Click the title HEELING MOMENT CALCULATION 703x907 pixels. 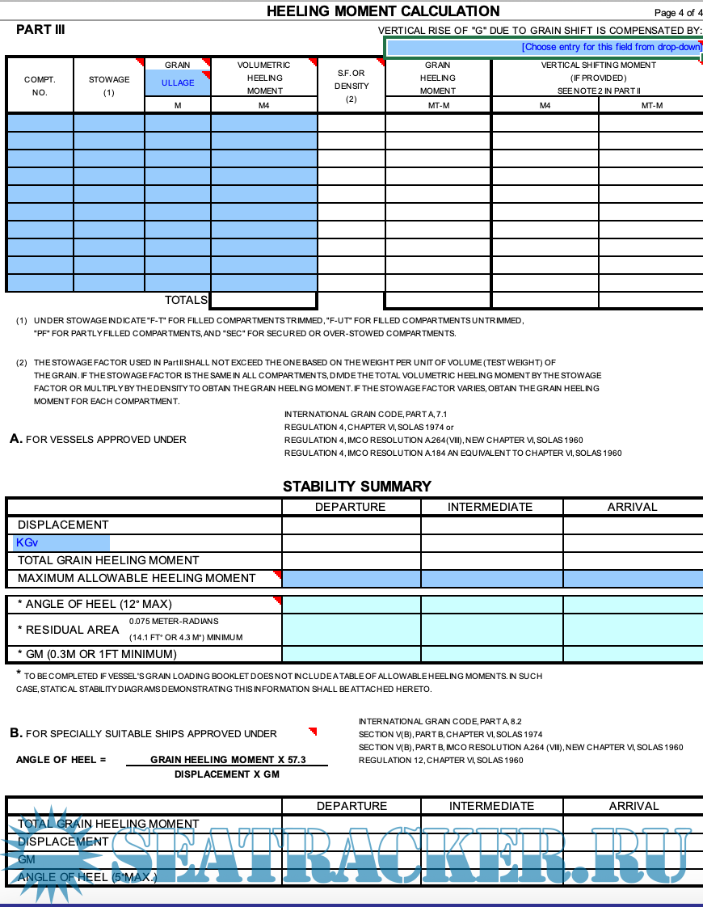[x=383, y=11]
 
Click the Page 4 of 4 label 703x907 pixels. [x=678, y=13]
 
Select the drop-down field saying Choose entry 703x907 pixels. [x=543, y=48]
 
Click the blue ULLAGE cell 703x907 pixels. [x=178, y=83]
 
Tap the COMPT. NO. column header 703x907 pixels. [x=40, y=86]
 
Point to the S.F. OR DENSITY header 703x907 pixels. [x=351, y=86]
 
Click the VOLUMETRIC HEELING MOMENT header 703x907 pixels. [x=263, y=78]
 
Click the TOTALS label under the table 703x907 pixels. [x=186, y=300]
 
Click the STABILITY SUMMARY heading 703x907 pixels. [x=356, y=487]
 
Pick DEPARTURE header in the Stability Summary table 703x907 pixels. [x=350, y=507]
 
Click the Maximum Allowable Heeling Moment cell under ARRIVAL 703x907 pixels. [x=632, y=578]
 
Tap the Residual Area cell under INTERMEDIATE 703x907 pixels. [x=490, y=629]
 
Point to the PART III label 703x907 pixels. [x=40, y=30]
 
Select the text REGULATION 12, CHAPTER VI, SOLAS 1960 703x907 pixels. [x=440, y=760]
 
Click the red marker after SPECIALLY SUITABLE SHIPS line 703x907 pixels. [x=313, y=732]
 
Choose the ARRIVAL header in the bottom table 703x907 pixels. [x=634, y=806]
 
